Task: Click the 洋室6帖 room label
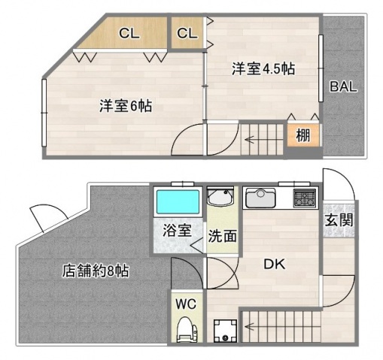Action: (125, 105)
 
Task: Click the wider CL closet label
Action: (129, 33)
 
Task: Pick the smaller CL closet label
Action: (187, 33)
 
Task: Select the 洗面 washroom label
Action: (223, 234)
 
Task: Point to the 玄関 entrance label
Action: (339, 221)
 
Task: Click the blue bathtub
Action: (178, 201)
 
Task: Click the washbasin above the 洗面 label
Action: (222, 200)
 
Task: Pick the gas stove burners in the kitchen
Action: (304, 198)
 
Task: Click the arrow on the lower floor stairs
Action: (250, 325)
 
